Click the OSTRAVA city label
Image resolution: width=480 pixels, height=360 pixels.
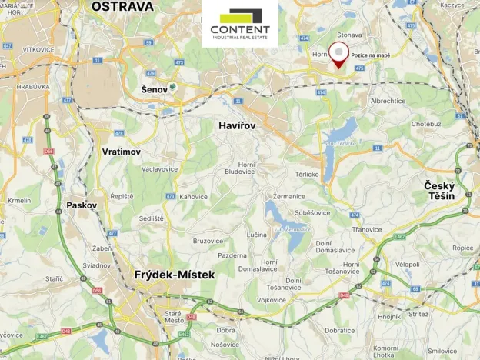pos(122,6)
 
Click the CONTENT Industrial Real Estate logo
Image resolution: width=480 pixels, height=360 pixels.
pos(240,24)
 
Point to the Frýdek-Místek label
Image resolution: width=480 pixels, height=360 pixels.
pos(174,274)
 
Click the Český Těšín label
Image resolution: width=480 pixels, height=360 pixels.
pos(439,191)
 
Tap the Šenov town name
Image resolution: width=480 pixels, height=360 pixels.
pos(154,89)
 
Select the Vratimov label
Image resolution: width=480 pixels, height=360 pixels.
pos(122,152)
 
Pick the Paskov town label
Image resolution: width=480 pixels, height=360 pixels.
pos(82,205)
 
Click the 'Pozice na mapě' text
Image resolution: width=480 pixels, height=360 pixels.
pos(370,55)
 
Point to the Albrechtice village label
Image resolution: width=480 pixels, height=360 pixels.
pos(388,101)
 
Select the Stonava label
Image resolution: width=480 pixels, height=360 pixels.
pos(349,35)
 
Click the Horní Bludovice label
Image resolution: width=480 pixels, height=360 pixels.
pos(246,168)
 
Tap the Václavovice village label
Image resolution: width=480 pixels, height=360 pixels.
pos(160,168)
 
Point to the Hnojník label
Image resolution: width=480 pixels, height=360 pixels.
pos(390,316)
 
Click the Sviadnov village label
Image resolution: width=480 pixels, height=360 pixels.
pos(97,265)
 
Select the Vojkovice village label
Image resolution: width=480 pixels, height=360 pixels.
pos(272,300)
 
